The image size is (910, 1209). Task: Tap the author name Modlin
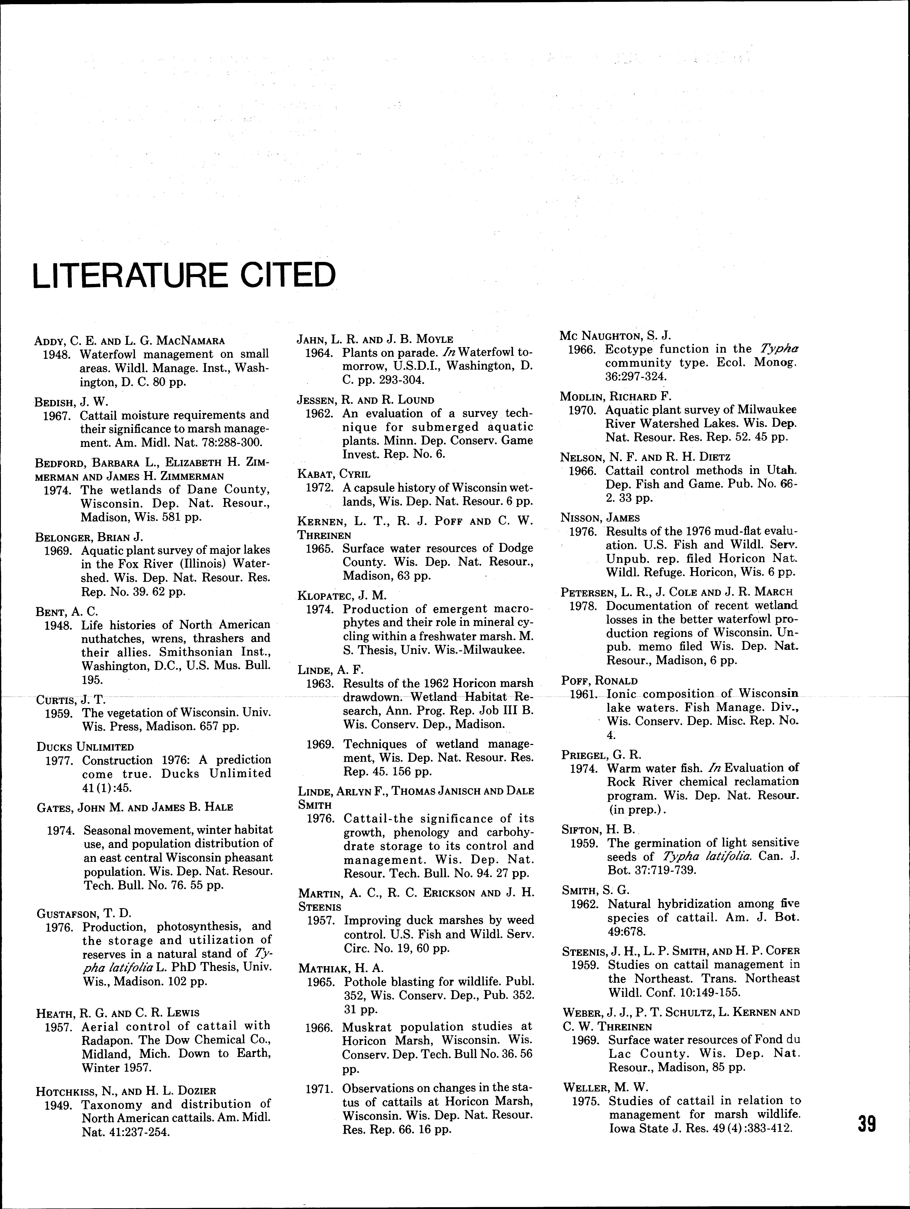(x=580, y=396)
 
